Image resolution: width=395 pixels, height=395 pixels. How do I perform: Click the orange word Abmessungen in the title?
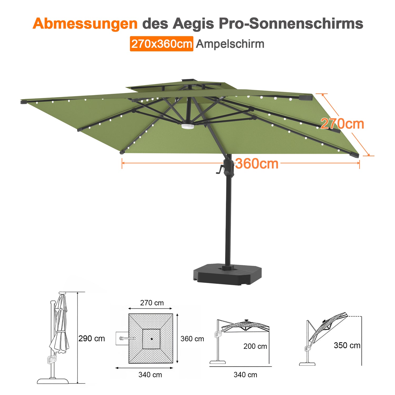pos(85,24)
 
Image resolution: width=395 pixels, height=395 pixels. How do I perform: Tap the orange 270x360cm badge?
pos(161,44)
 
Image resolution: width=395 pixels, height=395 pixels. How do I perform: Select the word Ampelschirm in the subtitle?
pos(230,44)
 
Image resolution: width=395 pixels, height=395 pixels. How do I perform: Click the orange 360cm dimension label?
pos(257,164)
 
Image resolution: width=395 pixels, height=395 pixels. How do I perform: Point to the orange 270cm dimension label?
pos(342,124)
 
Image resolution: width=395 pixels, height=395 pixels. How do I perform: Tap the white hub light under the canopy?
pos(188,126)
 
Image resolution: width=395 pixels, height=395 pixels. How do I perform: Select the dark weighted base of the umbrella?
pos(227,275)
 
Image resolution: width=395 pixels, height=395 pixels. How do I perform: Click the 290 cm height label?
pos(92,338)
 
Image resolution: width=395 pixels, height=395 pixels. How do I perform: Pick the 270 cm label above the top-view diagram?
pos(152,303)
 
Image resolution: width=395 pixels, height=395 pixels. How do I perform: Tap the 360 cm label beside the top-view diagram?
pos(192,339)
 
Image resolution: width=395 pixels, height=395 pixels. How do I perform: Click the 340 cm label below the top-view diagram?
pos(150,375)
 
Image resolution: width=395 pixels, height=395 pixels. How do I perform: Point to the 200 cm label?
pos(255,346)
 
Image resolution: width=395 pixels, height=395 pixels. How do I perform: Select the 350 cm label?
pos(347,345)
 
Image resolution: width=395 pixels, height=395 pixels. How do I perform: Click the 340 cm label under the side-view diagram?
pos(245,375)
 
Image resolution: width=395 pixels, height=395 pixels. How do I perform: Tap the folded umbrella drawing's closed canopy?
pos(60,324)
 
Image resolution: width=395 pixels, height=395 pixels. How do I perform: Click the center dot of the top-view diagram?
pos(152,339)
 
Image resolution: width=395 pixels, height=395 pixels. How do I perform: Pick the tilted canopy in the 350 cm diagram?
pos(329,327)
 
